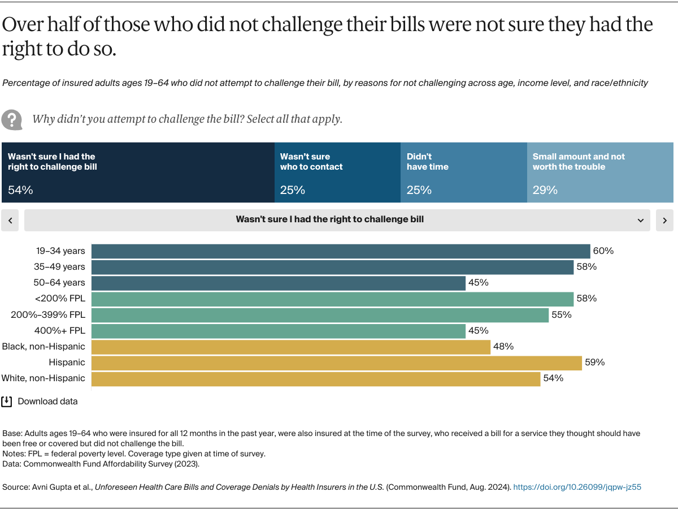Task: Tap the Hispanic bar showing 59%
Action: coord(336,363)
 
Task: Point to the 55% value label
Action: coord(562,315)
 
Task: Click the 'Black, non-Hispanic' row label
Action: coord(44,347)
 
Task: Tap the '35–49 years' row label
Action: coord(59,267)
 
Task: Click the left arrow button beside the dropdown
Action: coord(10,221)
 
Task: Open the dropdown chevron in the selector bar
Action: coord(640,221)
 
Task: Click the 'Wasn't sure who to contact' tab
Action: coord(337,172)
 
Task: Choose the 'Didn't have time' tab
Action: coord(463,172)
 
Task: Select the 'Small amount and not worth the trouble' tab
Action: coord(599,172)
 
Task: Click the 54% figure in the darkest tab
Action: coord(20,190)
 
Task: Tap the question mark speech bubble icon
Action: coord(11,119)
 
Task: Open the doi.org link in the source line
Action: coord(577,487)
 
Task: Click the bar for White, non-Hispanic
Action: coord(315,378)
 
